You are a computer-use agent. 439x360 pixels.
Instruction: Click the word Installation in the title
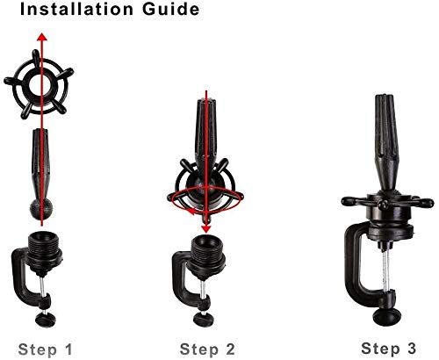coord(76,9)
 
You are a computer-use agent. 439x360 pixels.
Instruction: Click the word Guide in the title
coord(171,9)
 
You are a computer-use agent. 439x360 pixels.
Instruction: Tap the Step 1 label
coord(45,349)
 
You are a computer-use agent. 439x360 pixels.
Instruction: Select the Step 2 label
coord(207,349)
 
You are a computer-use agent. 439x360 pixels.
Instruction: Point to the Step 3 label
coord(388,349)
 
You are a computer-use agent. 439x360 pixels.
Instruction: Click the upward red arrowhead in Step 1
coord(42,37)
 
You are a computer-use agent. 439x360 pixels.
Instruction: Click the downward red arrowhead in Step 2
coord(206,229)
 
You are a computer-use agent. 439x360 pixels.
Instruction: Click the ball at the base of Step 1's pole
coord(41,209)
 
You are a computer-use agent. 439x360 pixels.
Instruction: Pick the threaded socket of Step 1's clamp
coord(44,248)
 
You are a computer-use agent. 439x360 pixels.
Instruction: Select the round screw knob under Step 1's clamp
coord(46,320)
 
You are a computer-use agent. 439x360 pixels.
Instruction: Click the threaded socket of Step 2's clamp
coord(206,253)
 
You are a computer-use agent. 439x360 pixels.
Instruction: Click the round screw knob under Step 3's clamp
coord(386,317)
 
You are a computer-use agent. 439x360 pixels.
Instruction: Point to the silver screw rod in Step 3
coord(386,271)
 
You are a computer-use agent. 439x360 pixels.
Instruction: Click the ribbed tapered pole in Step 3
coord(386,143)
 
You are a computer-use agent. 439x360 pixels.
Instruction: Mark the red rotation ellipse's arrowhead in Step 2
coord(191,211)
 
